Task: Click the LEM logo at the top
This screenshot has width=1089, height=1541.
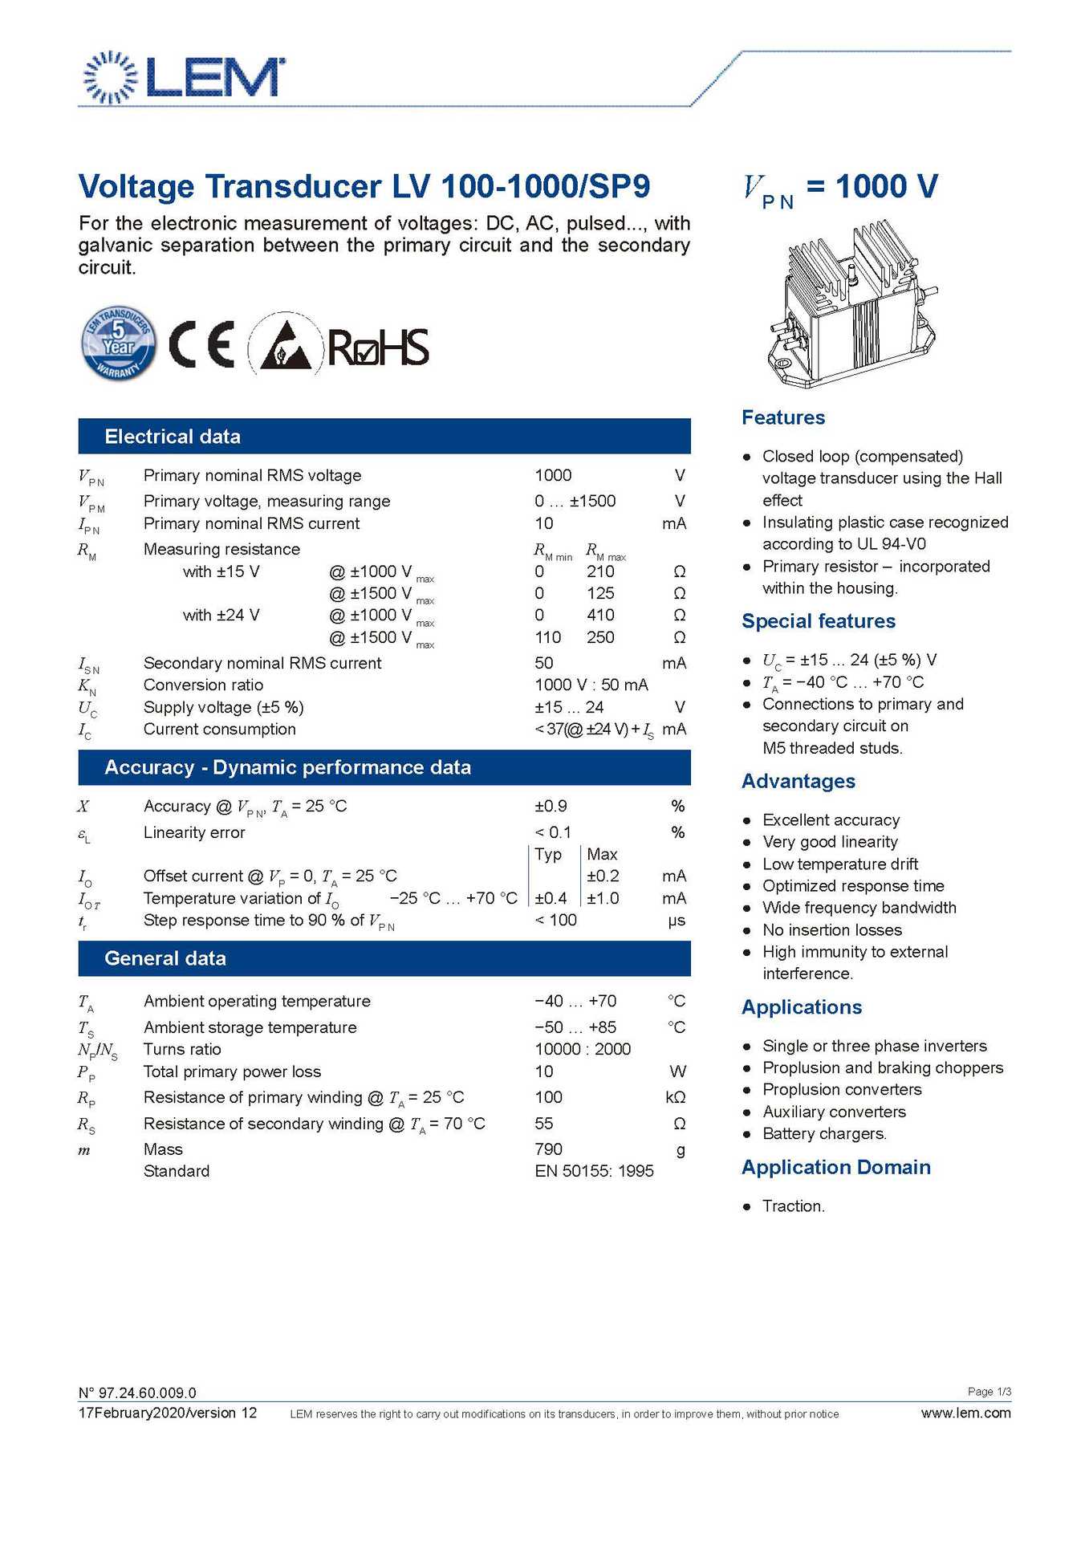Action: [184, 77]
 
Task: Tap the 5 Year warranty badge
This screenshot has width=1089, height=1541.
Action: [119, 344]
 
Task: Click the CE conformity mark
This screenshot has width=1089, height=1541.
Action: [201, 344]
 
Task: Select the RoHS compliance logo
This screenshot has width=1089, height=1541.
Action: [378, 348]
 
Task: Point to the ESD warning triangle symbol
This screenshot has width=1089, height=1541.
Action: [280, 345]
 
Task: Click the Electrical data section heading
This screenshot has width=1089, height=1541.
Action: [173, 437]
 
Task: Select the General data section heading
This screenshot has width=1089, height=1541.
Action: [165, 958]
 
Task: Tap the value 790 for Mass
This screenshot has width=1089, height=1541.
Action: [548, 1149]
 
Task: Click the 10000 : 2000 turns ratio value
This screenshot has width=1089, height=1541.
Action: [583, 1049]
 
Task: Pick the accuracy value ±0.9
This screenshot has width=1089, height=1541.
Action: [551, 806]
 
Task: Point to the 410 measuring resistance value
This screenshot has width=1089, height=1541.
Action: [600, 615]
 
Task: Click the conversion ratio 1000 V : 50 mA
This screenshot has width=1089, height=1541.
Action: [591, 685]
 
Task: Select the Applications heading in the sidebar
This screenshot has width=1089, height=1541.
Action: [802, 1007]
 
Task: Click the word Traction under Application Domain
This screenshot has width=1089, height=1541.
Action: [793, 1206]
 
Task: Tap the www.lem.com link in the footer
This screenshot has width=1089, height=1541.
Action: [965, 1413]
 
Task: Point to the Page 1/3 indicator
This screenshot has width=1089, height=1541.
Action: [989, 1392]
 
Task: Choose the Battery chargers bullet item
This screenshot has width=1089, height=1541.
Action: [824, 1134]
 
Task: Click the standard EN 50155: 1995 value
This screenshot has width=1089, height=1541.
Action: [594, 1171]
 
